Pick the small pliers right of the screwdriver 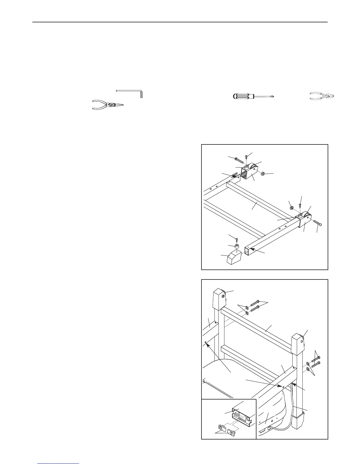click(x=322, y=96)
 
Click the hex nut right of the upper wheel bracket click(x=264, y=174)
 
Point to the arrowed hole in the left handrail click(x=205, y=342)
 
